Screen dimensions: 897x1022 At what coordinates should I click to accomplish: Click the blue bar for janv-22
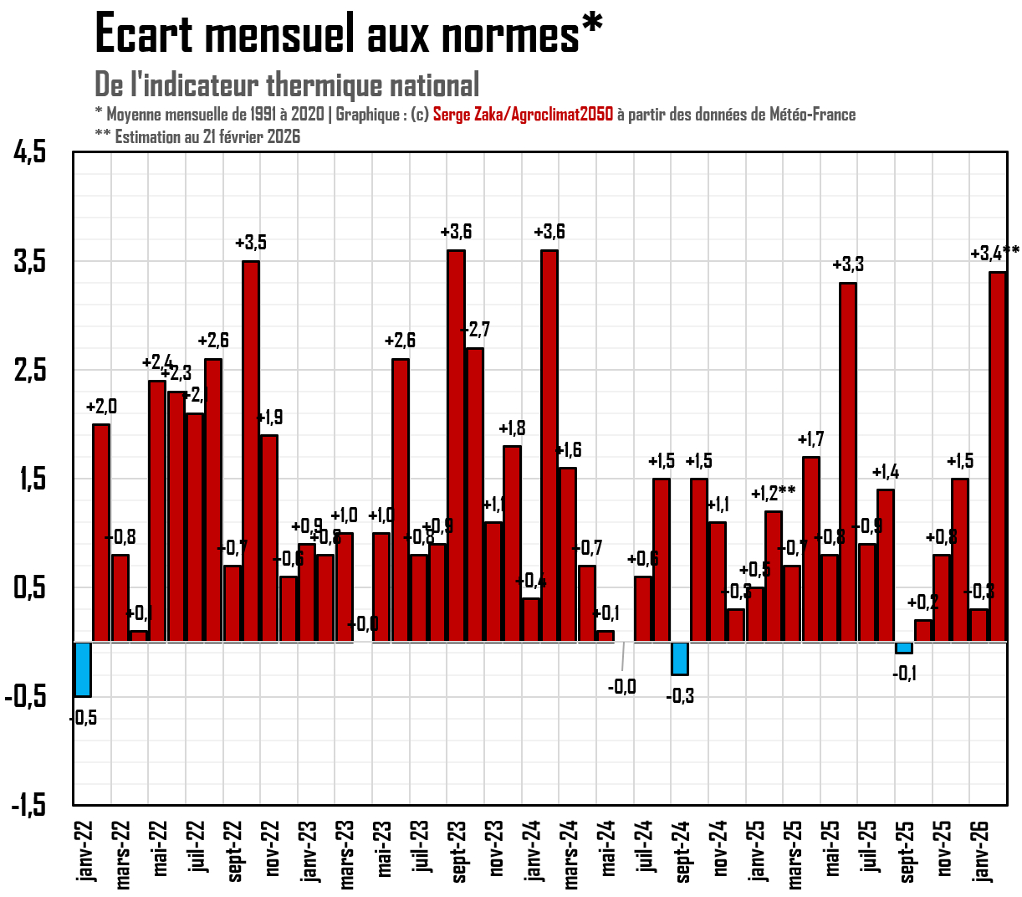coord(83,669)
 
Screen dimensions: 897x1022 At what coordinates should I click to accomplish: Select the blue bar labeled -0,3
coord(680,658)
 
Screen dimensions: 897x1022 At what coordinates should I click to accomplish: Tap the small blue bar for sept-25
coord(904,648)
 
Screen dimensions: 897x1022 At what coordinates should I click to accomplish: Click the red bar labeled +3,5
coord(251,452)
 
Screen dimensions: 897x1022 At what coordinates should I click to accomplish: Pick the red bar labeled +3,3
coord(848,462)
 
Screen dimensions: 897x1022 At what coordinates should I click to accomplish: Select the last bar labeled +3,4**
coord(997,457)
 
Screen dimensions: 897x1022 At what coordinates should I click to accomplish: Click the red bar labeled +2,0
coord(101,533)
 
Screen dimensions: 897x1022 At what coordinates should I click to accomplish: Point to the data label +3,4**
coord(994,253)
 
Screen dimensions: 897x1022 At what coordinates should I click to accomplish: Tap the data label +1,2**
coord(773,493)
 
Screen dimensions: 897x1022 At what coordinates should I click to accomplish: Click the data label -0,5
coord(83,718)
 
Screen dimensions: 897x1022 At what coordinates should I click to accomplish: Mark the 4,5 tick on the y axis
coord(30,152)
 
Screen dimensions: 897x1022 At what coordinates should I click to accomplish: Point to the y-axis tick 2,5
coord(30,370)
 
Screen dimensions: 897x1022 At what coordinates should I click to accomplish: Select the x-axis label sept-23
coord(459,851)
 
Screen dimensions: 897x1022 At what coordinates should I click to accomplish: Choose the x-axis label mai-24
coord(608,848)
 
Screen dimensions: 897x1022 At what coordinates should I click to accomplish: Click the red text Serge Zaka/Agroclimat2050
coord(523,115)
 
